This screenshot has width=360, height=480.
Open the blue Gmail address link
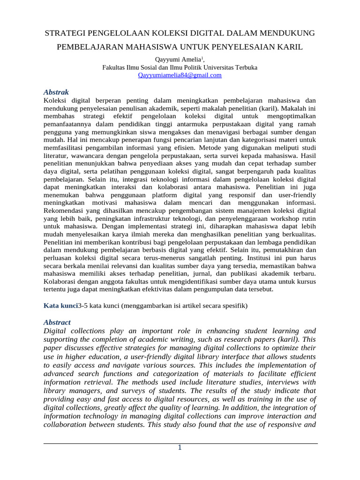pos(180,75)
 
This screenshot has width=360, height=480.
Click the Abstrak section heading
pos(56,92)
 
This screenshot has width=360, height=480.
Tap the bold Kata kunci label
pos(60,306)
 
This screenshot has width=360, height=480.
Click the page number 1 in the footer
pos(179,448)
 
